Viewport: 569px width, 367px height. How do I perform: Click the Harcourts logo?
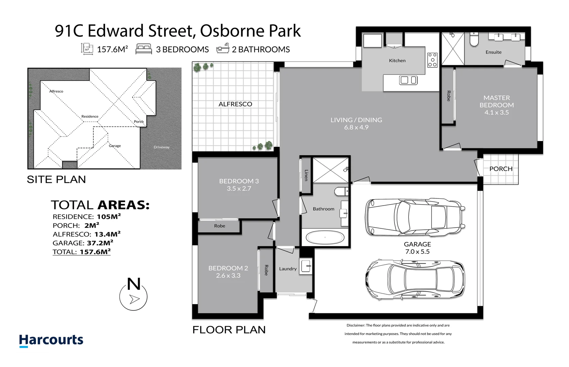51,340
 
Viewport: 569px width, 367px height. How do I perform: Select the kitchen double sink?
408,80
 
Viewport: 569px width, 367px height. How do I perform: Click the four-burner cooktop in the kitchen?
432,60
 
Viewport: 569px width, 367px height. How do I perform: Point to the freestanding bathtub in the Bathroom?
325,238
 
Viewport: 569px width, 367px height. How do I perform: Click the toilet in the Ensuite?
474,39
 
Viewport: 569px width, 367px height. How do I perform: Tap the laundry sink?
305,266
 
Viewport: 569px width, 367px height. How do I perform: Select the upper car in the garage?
415,217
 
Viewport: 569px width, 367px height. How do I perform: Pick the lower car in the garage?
415,279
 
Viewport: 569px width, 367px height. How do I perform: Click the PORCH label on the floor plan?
501,169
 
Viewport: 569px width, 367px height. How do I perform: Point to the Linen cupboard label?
306,175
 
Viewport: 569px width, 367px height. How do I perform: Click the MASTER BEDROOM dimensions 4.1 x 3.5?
497,112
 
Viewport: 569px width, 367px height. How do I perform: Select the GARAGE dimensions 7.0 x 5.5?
417,251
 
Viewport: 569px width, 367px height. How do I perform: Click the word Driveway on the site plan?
162,147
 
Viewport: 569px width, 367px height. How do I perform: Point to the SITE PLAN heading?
56,179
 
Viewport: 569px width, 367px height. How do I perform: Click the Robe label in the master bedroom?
449,96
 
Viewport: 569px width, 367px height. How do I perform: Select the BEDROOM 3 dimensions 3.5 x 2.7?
239,189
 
